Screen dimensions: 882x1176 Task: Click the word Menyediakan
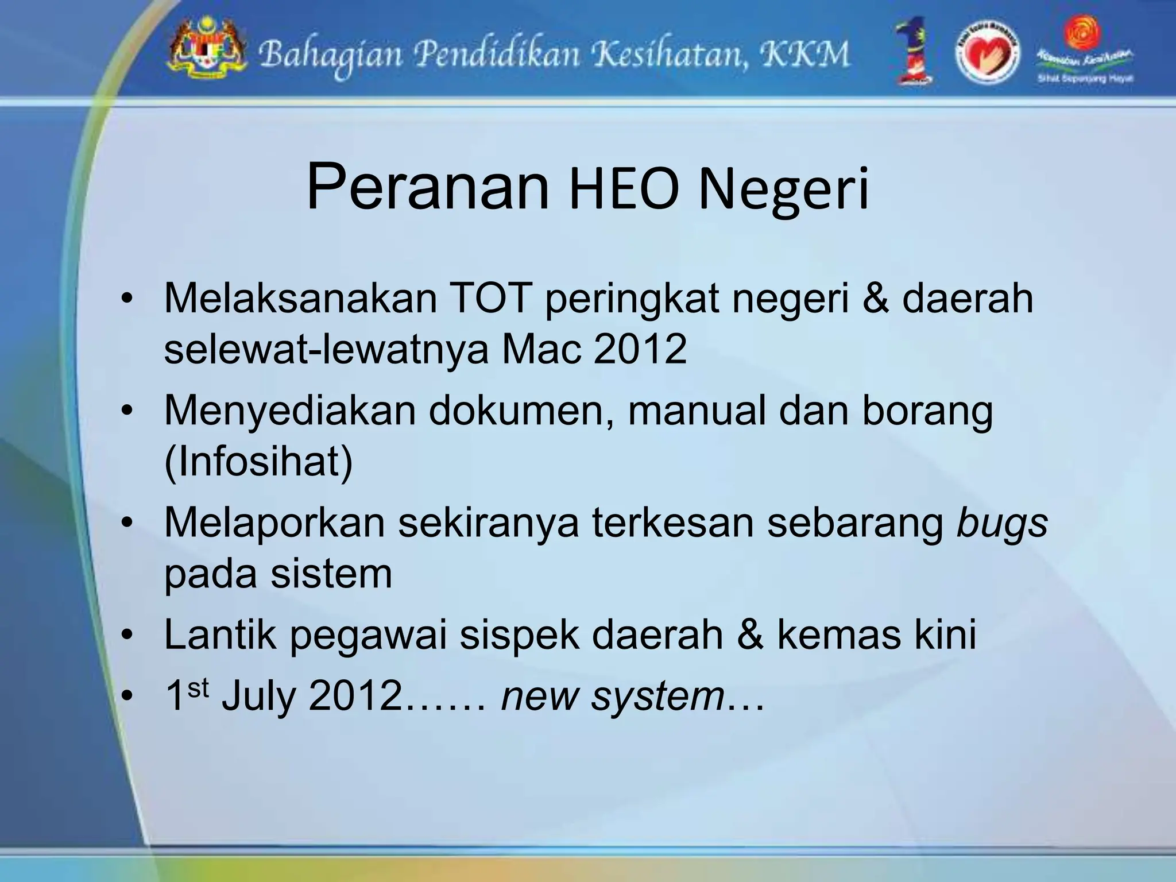289,411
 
